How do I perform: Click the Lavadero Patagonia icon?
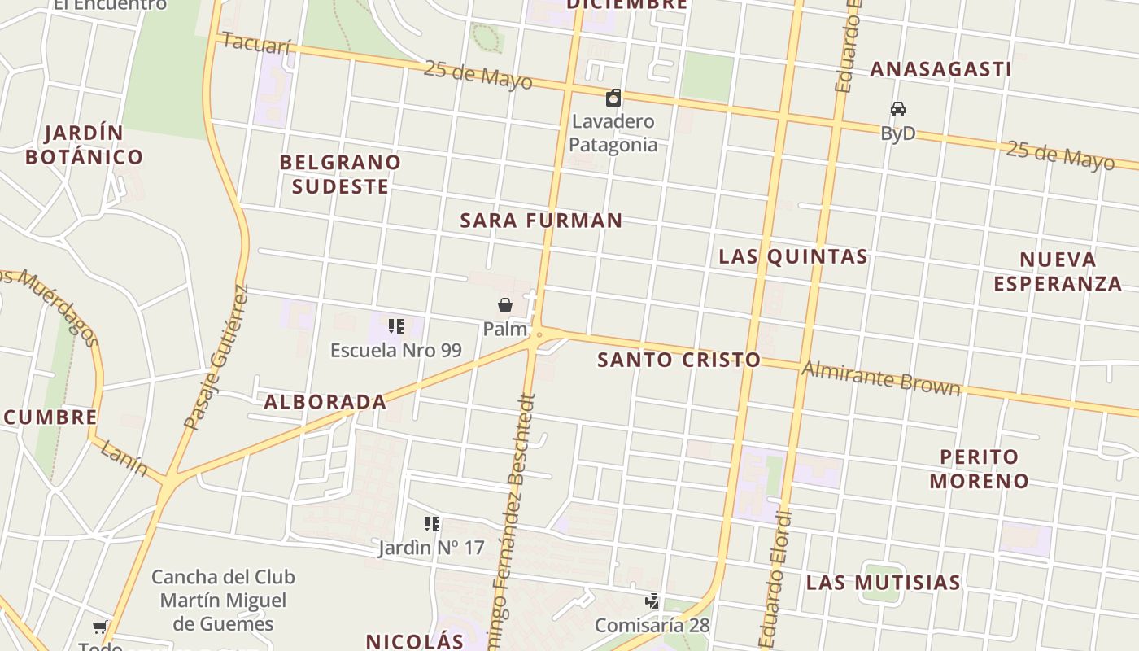pyautogui.click(x=613, y=98)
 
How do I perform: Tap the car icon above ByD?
pyautogui.click(x=898, y=109)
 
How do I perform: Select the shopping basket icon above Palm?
pyautogui.click(x=505, y=305)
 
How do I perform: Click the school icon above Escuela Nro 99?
pyautogui.click(x=396, y=326)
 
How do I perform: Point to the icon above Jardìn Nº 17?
pyautogui.click(x=432, y=524)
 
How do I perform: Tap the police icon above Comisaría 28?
pyautogui.click(x=652, y=601)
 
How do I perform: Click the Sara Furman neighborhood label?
pyautogui.click(x=541, y=220)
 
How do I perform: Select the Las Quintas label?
pyautogui.click(x=793, y=256)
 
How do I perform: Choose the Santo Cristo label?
pyautogui.click(x=679, y=360)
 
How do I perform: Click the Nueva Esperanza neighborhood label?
pyautogui.click(x=1058, y=272)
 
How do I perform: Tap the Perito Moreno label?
pyautogui.click(x=980, y=468)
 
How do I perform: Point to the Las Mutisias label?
pyautogui.click(x=884, y=583)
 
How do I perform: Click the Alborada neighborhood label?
pyautogui.click(x=325, y=401)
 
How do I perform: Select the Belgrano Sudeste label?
pyautogui.click(x=340, y=174)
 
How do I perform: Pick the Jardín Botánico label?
pyautogui.click(x=85, y=145)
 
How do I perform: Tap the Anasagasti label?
pyautogui.click(x=940, y=69)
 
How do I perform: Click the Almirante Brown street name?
pyautogui.click(x=881, y=378)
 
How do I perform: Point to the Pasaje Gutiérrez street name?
pyautogui.click(x=216, y=358)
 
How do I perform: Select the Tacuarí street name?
pyautogui.click(x=255, y=43)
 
